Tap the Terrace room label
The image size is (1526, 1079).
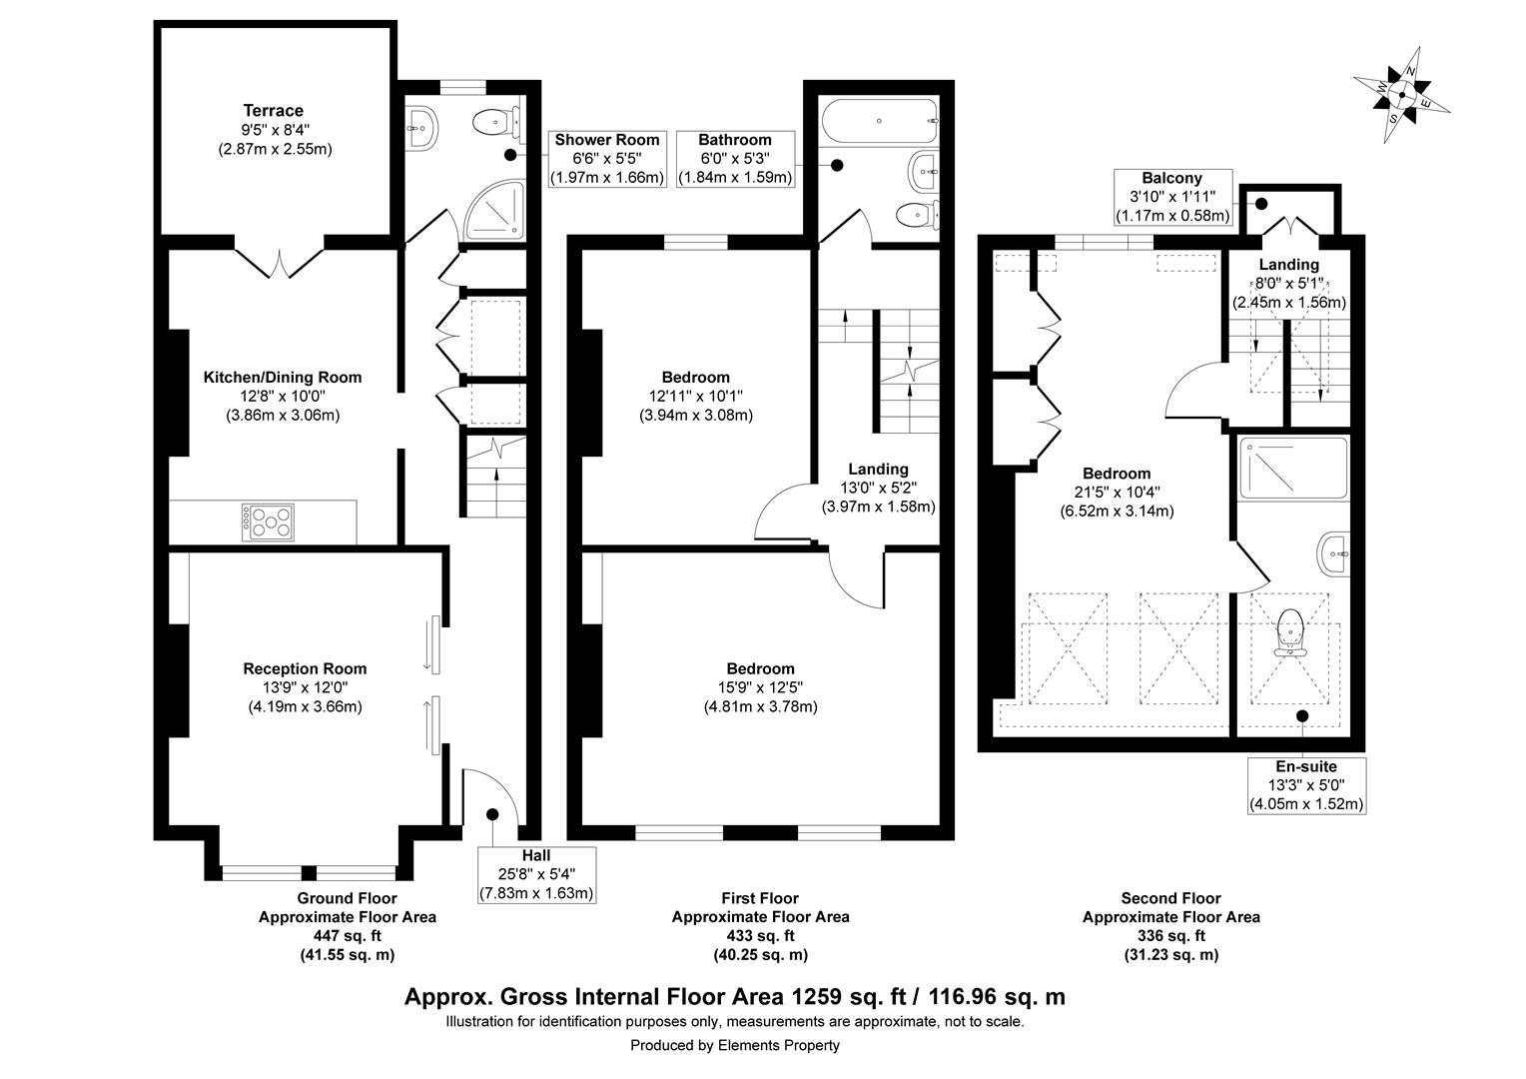(273, 111)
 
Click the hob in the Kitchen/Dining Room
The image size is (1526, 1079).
(268, 522)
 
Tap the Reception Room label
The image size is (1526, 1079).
(305, 668)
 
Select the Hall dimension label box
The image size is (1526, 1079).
(536, 874)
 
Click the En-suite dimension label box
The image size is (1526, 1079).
(1306, 785)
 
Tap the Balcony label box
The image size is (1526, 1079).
(1172, 197)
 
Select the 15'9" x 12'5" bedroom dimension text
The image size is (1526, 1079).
(760, 687)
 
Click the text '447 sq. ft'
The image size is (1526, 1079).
(347, 936)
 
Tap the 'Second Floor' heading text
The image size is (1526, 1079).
(1170, 898)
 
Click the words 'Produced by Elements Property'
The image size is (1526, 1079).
(734, 1045)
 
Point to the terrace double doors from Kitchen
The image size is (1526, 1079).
(281, 262)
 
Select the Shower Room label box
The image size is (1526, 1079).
(607, 159)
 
